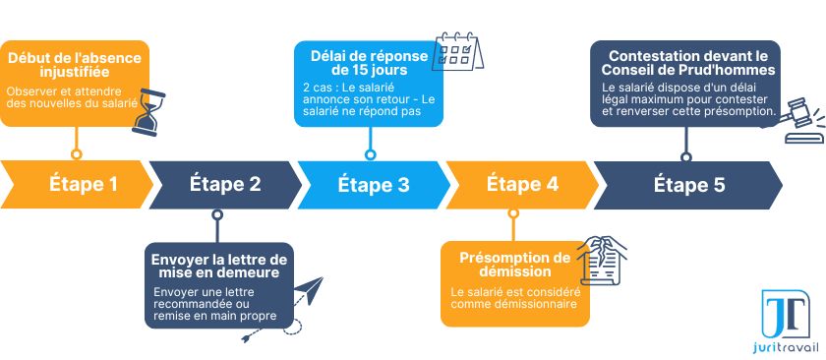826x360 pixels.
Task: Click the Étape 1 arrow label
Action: tap(84, 184)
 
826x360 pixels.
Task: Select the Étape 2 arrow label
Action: tap(225, 184)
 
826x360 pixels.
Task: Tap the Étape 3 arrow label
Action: tap(374, 184)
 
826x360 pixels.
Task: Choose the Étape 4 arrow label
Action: tap(522, 184)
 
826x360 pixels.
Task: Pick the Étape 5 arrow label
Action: tap(689, 184)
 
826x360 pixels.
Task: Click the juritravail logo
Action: tap(786, 323)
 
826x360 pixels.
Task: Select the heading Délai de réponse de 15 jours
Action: tap(369, 63)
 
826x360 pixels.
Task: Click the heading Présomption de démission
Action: tap(515, 265)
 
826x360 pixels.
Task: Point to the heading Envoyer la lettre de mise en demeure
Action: tap(218, 266)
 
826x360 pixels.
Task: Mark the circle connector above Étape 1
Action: tap(77, 153)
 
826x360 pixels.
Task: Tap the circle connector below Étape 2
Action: tap(218, 213)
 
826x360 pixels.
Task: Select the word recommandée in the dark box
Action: tap(192, 304)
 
